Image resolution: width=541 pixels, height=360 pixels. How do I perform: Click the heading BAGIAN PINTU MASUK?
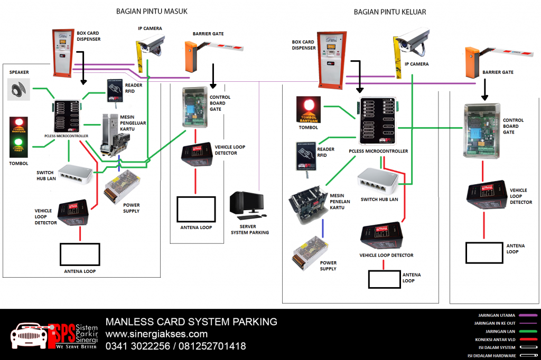tap(152, 11)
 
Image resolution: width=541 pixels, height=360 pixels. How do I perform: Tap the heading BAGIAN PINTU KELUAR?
tap(389, 12)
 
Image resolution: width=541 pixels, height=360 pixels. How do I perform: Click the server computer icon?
tap(246, 205)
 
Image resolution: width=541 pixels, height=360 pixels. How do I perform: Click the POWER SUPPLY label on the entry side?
tap(131, 208)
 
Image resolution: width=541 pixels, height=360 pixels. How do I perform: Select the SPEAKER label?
tap(19, 72)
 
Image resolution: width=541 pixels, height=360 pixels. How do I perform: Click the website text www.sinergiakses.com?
tap(156, 334)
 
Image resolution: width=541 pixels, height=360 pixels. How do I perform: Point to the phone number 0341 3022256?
tap(138, 346)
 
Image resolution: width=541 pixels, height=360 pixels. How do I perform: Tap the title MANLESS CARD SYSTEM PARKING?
tap(191, 322)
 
